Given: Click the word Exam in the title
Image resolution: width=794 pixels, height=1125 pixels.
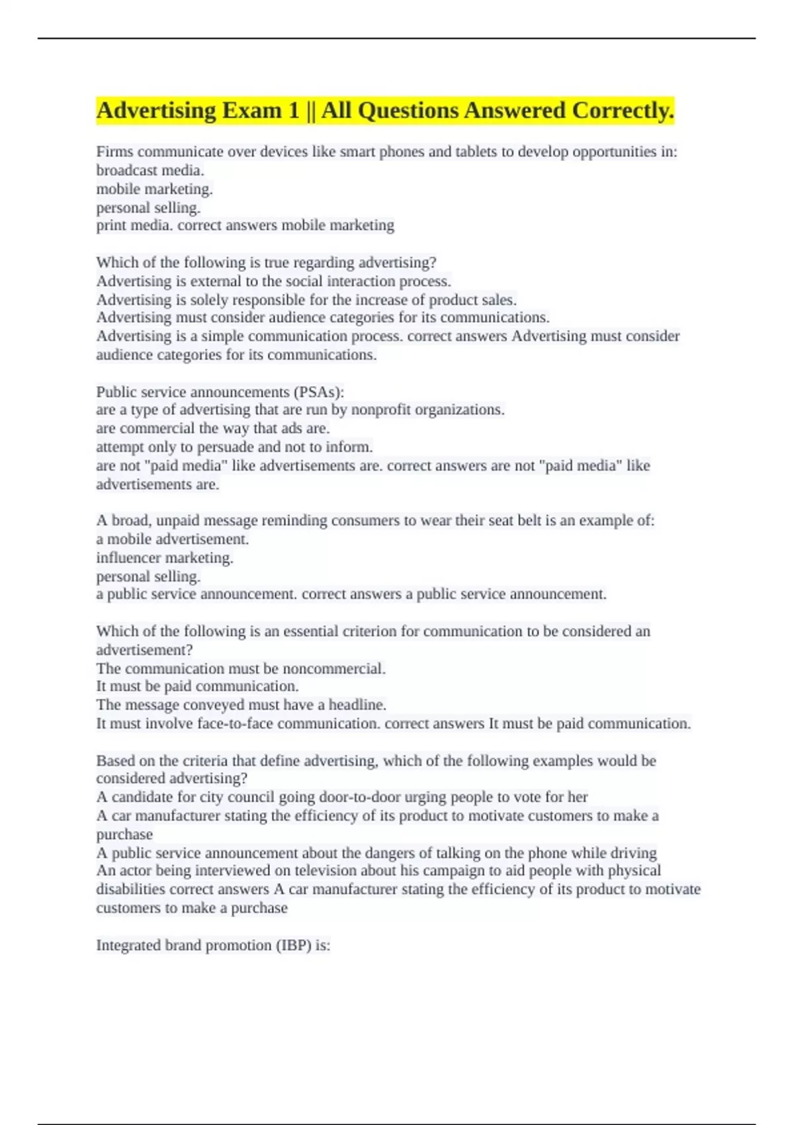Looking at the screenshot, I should (251, 111).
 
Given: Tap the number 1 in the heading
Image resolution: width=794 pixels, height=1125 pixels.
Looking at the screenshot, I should (294, 111).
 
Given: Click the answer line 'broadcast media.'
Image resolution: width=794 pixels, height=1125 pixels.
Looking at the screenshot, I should (150, 170).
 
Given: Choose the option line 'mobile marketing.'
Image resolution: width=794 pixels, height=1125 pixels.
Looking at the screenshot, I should (154, 189).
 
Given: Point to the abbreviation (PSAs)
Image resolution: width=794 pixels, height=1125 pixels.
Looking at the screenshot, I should (317, 392).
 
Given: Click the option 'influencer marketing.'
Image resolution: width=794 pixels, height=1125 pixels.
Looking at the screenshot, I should (165, 558).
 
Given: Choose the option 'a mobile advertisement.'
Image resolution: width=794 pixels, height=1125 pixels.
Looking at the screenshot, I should (173, 539).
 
